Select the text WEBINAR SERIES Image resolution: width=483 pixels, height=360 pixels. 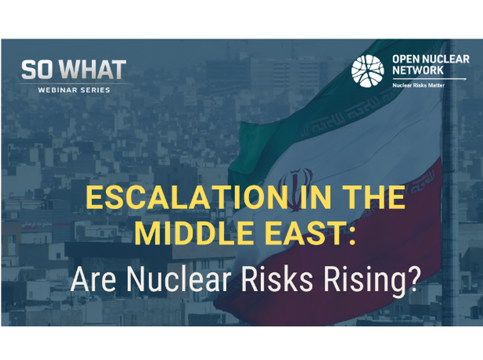click(x=74, y=90)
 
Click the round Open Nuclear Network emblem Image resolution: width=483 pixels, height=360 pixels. click(x=368, y=71)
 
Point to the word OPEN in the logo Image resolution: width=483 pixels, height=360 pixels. click(x=407, y=59)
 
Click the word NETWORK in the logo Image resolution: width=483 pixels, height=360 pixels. click(x=417, y=71)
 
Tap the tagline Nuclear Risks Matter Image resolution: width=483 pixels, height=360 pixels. click(x=418, y=85)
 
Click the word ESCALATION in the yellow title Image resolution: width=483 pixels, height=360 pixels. click(x=187, y=197)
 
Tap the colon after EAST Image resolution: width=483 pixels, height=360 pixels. click(x=351, y=237)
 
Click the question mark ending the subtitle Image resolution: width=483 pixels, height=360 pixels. click(x=414, y=278)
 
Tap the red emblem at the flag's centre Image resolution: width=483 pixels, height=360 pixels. click(x=295, y=188)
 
